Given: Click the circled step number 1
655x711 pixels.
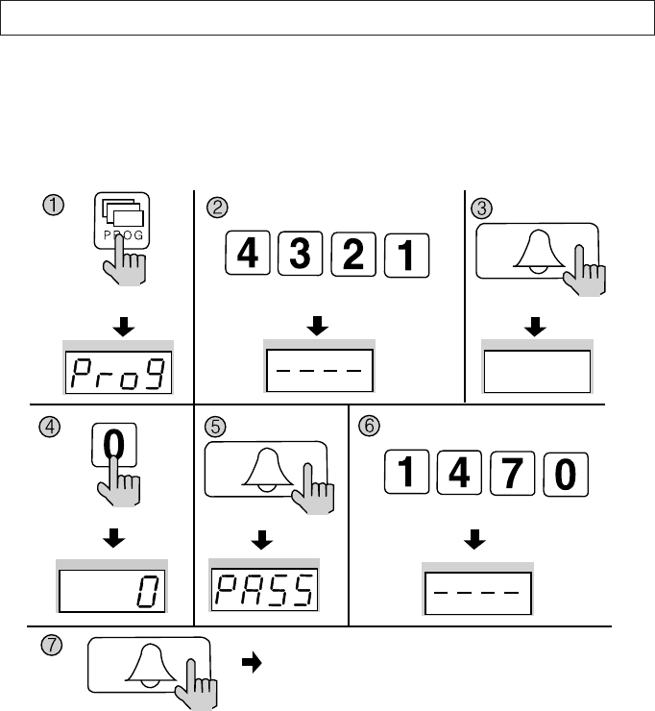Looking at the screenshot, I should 55,205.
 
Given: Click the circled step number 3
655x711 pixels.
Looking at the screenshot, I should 479,207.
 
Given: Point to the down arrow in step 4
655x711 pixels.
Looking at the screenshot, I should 113,540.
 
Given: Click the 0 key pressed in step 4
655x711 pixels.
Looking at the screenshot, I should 113,450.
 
